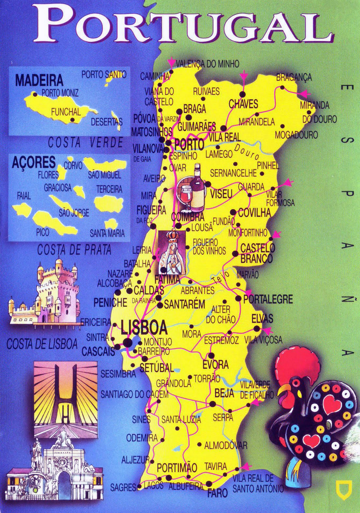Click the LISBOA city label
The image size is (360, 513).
click(144, 328)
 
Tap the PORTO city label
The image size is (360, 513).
click(189, 144)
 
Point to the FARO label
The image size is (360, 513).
click(217, 493)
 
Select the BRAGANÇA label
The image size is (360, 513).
click(294, 78)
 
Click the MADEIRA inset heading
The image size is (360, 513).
click(39, 80)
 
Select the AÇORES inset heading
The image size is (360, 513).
click(34, 163)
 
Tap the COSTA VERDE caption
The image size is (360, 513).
click(86, 143)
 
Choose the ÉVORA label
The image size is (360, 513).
click(215, 365)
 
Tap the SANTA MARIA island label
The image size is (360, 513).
click(107, 233)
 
